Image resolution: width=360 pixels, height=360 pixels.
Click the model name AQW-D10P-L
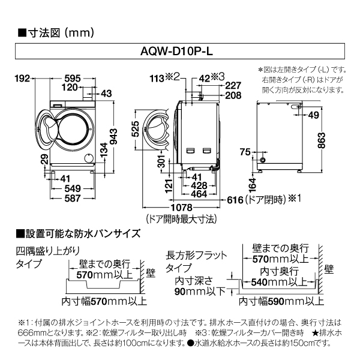tap(180, 52)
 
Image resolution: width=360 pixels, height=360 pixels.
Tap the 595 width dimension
tap(73, 78)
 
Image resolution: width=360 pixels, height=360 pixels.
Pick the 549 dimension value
tap(73, 187)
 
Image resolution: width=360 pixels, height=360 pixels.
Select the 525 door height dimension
tap(135, 129)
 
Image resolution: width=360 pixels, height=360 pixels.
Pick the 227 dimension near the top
tap(233, 85)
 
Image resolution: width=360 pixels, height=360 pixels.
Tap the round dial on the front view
tap(89, 157)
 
